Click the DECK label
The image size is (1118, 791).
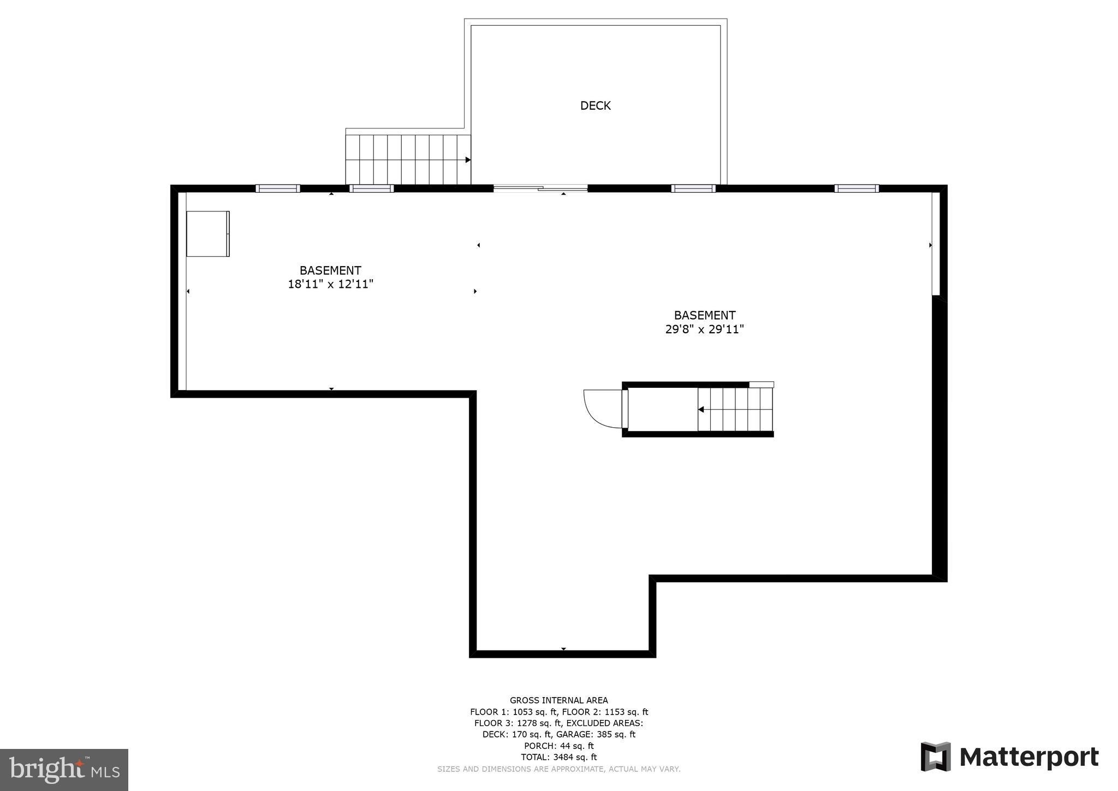[595, 105]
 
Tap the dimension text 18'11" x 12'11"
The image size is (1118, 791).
[330, 284]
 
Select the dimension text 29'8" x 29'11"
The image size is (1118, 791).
[704, 329]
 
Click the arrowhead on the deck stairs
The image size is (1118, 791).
[468, 160]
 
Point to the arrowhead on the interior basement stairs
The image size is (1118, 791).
[701, 410]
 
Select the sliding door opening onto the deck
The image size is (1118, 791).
[540, 188]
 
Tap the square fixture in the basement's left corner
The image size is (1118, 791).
[207, 234]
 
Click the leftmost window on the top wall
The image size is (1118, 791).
[278, 188]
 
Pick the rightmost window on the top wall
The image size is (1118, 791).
[856, 188]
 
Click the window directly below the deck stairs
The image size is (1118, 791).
[371, 188]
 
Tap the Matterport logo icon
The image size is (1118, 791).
[936, 757]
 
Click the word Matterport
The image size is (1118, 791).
[1028, 758]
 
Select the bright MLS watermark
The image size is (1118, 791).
[64, 770]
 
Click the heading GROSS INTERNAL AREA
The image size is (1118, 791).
[558, 700]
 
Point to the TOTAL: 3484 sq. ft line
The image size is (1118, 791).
[558, 757]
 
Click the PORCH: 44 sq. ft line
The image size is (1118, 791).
[558, 746]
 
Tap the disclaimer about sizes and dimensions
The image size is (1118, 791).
[558, 769]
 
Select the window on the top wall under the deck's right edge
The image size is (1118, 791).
[693, 188]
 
